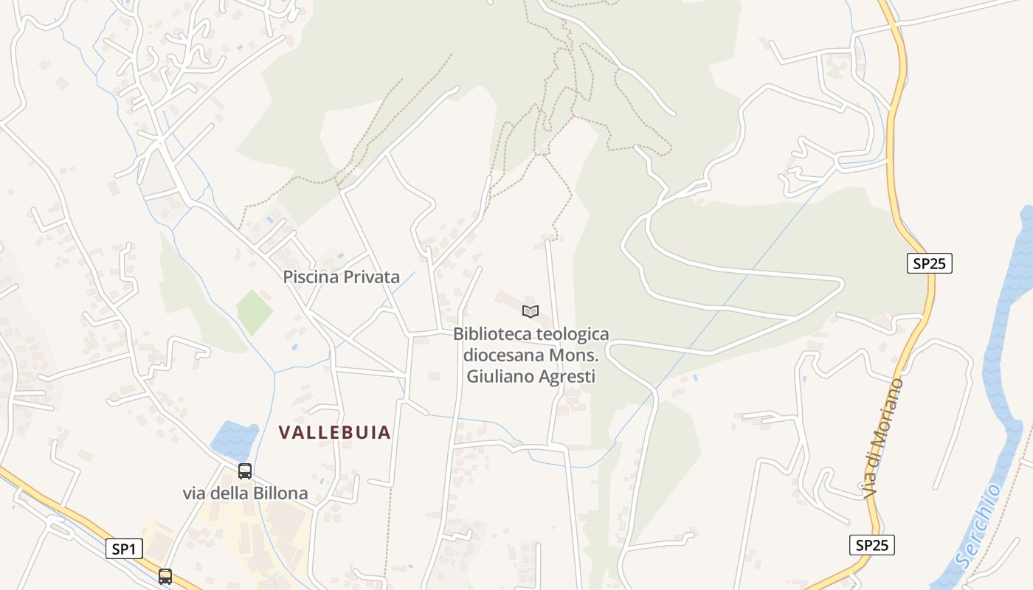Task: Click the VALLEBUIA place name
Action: (x=334, y=433)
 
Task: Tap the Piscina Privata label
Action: (x=341, y=277)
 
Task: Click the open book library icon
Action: (x=531, y=311)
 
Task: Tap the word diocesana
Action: (x=502, y=355)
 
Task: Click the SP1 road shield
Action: (x=123, y=549)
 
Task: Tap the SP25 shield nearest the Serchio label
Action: (x=871, y=545)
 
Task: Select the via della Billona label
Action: (x=245, y=493)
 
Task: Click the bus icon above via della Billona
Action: (x=245, y=471)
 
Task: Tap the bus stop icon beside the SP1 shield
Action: (x=165, y=576)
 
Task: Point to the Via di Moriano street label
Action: (x=883, y=437)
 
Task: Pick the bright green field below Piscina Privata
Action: (x=255, y=311)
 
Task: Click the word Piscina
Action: (x=310, y=277)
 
